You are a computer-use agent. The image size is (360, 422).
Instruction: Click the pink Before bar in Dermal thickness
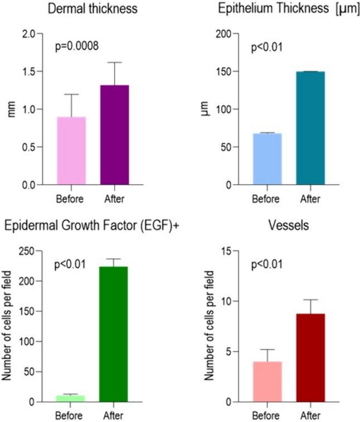pos(71,151)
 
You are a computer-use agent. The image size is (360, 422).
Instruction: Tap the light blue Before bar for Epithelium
pos(267,159)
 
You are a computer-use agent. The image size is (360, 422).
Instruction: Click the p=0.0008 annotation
pos(77,46)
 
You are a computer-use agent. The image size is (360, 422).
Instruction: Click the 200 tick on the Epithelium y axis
pos(223,34)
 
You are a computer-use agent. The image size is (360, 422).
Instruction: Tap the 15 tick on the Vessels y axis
pos(226,251)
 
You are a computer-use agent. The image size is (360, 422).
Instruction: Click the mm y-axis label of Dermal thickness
pos(11,109)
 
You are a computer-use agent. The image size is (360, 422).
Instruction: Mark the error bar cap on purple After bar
pos(114,62)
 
